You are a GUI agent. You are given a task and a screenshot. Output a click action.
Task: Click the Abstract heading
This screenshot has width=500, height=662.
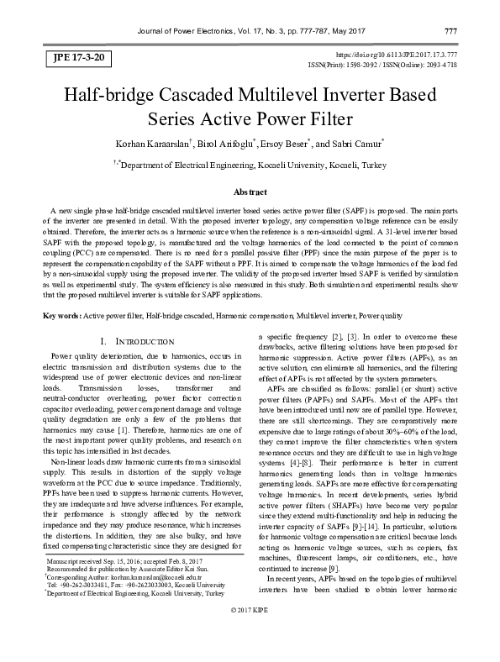click(x=250, y=192)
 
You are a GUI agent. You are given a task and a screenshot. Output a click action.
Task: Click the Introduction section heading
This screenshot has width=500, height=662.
click(x=136, y=342)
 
